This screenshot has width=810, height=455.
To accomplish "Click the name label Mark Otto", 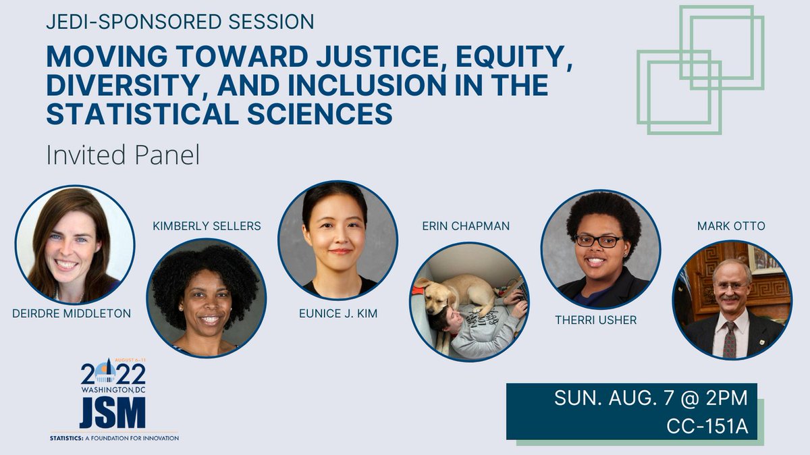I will tap(732, 226).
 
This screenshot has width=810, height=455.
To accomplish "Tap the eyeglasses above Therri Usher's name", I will tap(598, 240).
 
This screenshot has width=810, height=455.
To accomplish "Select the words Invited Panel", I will tap(123, 156).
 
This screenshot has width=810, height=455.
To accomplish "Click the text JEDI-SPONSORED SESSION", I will tap(180, 22).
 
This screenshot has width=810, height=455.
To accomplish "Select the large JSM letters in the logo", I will tap(112, 412).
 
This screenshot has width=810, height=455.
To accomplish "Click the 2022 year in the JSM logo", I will tap(113, 373).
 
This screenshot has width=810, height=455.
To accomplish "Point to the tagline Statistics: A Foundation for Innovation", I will tap(115, 437).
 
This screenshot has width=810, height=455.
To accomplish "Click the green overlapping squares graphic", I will tap(700, 70).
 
